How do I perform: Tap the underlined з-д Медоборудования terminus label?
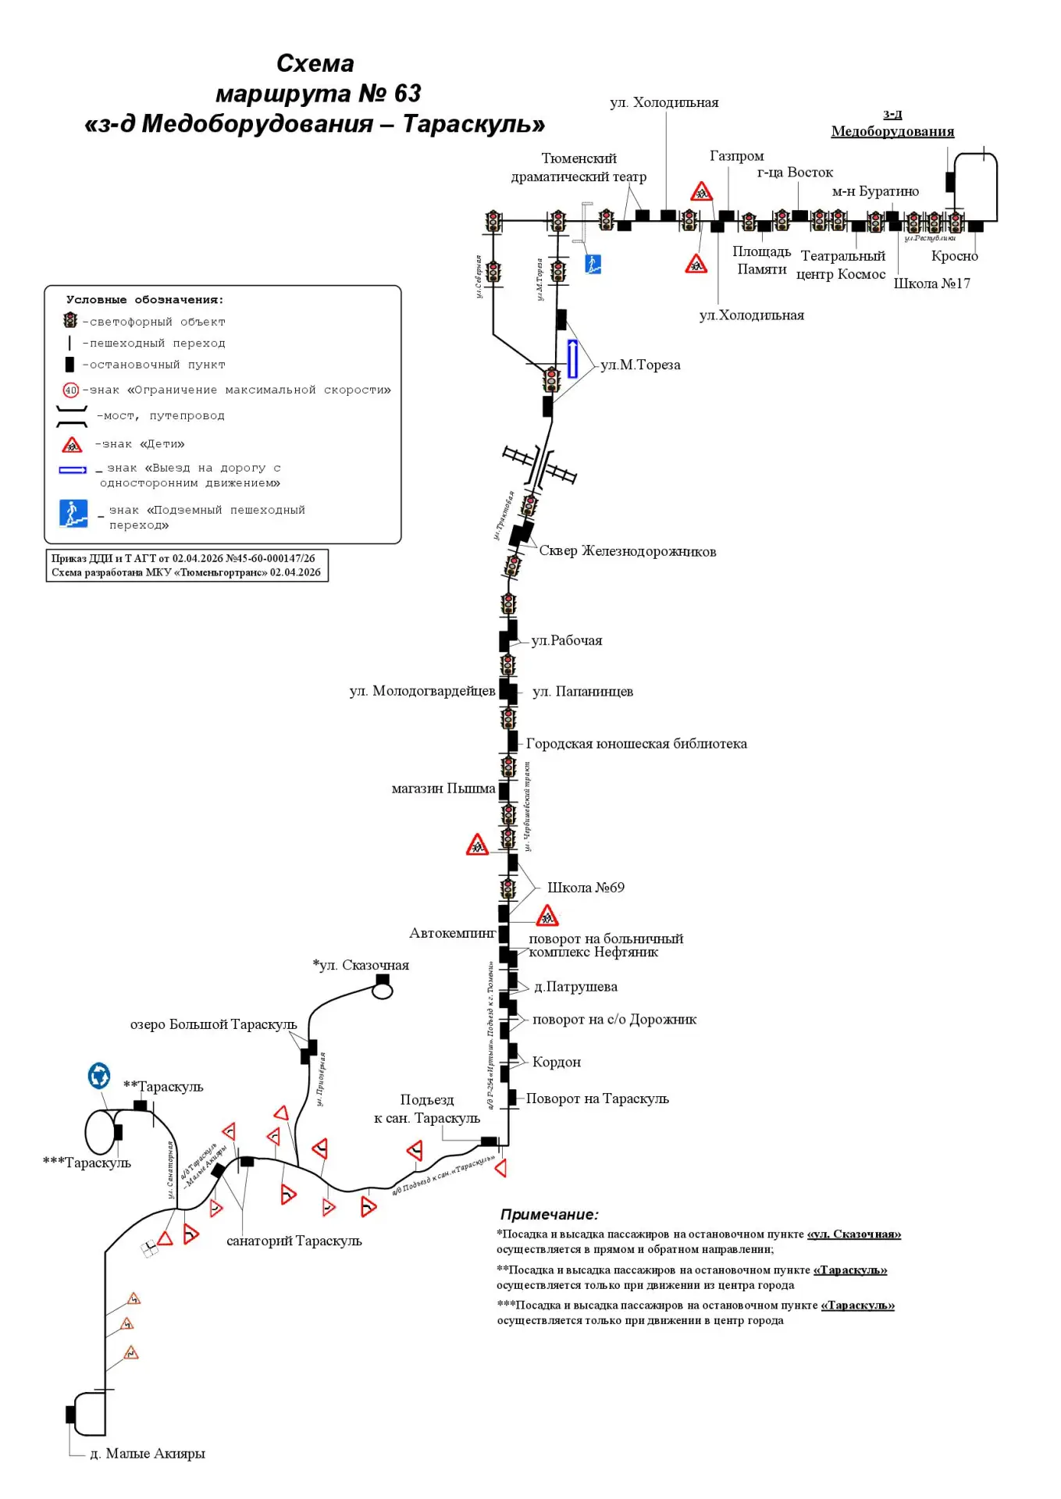[x=892, y=123]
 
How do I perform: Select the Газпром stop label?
[x=736, y=156]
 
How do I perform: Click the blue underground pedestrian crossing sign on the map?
[x=593, y=264]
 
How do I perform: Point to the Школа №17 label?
[x=931, y=283]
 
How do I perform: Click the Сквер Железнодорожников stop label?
[x=627, y=551]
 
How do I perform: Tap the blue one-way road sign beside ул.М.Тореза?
[x=572, y=359]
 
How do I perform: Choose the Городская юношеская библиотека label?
[x=636, y=744]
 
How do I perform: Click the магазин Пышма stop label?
[x=443, y=789]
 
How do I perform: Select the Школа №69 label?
[x=586, y=888]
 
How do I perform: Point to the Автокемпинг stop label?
[x=452, y=933]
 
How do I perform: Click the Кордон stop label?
[x=556, y=1062]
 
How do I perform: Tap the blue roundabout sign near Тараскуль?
[x=99, y=1075]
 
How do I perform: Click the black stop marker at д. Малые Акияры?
[x=70, y=1414]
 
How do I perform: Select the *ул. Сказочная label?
[x=361, y=965]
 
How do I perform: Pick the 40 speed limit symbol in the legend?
[x=71, y=390]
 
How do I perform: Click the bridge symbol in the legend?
[x=72, y=417]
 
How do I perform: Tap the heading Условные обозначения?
[x=144, y=300]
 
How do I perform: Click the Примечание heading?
[x=549, y=1215]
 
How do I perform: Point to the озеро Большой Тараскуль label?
[x=213, y=1024]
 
